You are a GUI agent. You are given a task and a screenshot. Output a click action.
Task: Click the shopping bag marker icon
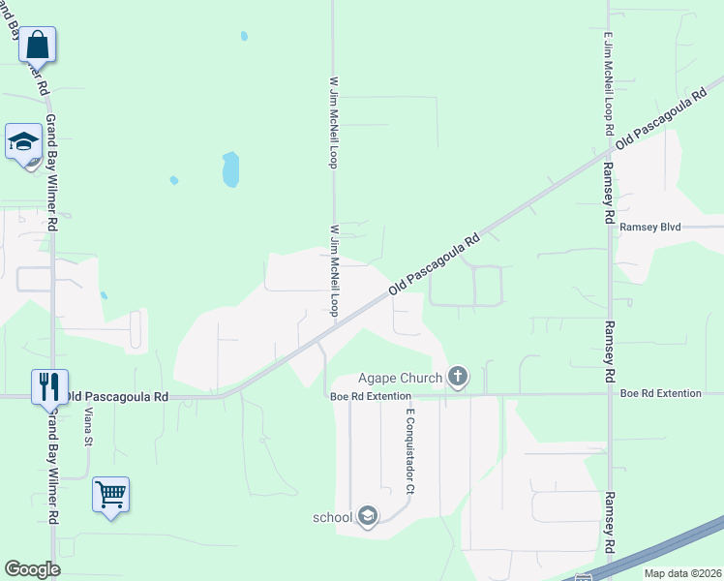(38, 45)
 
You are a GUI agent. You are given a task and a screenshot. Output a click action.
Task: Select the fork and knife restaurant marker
(48, 387)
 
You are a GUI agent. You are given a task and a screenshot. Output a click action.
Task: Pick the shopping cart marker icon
(110, 495)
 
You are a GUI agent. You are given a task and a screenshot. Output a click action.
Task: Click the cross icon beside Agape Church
(457, 377)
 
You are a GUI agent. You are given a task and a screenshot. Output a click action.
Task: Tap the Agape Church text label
(400, 378)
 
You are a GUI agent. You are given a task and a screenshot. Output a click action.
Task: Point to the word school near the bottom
(332, 517)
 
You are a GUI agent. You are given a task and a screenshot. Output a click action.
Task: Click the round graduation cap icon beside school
(367, 516)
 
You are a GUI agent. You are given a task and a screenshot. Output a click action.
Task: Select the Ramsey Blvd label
(651, 227)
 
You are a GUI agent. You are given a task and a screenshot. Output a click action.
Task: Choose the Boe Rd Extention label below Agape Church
(371, 395)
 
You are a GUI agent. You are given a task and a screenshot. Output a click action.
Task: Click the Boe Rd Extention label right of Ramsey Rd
(660, 393)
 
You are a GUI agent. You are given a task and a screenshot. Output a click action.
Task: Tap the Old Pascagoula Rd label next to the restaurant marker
(118, 396)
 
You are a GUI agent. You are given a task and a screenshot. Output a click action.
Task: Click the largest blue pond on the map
(230, 169)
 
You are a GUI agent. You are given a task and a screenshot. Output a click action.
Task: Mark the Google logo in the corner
(32, 569)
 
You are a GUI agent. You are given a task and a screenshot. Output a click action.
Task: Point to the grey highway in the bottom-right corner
(668, 548)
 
